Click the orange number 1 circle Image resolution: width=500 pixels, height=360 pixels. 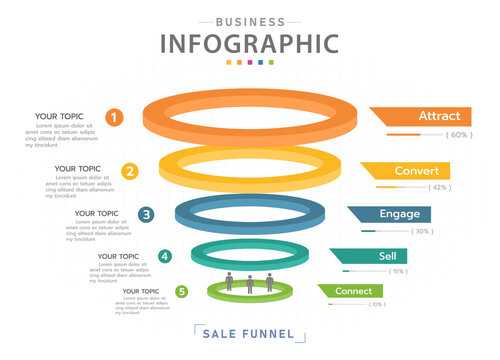[x=115, y=118]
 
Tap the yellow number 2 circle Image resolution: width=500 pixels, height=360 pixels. [x=130, y=171]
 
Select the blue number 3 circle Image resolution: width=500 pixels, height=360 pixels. [x=147, y=214]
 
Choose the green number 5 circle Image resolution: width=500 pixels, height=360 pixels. [x=181, y=292]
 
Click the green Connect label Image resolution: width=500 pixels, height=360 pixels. [x=353, y=291]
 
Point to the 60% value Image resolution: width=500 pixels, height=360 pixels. [x=459, y=134]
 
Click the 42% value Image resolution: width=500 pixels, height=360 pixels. [x=439, y=187]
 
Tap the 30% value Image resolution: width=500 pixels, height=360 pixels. [x=422, y=231]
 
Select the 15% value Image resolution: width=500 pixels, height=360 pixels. [x=398, y=271]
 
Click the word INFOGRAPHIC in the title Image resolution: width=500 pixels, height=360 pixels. [x=249, y=44]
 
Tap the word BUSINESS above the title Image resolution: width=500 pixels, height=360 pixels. [x=249, y=20]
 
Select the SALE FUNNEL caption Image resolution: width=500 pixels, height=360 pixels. [x=250, y=333]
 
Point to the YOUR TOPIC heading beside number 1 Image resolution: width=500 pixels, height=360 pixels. [x=60, y=116]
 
